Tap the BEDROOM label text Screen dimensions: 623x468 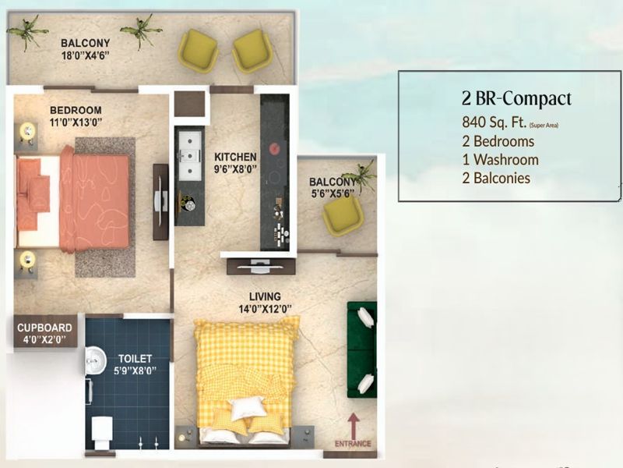coord(76,110)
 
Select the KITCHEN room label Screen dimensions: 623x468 coord(235,157)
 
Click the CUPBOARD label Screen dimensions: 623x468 coord(44,328)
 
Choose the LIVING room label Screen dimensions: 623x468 coord(265,296)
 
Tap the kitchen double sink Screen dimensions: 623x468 coord(190,155)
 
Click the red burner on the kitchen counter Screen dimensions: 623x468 coord(275,149)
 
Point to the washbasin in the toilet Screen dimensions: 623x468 coord(96,360)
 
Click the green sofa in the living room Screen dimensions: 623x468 coord(361,350)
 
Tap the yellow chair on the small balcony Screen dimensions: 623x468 coord(343,215)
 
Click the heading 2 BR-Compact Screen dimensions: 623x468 coord(516,99)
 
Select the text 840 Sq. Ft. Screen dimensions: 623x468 coord(495,122)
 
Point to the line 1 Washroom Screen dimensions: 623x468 coord(501,160)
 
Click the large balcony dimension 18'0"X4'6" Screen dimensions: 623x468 coord(86,55)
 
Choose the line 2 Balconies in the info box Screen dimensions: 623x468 coord(496,178)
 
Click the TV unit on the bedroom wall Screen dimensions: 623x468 coord(160,202)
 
